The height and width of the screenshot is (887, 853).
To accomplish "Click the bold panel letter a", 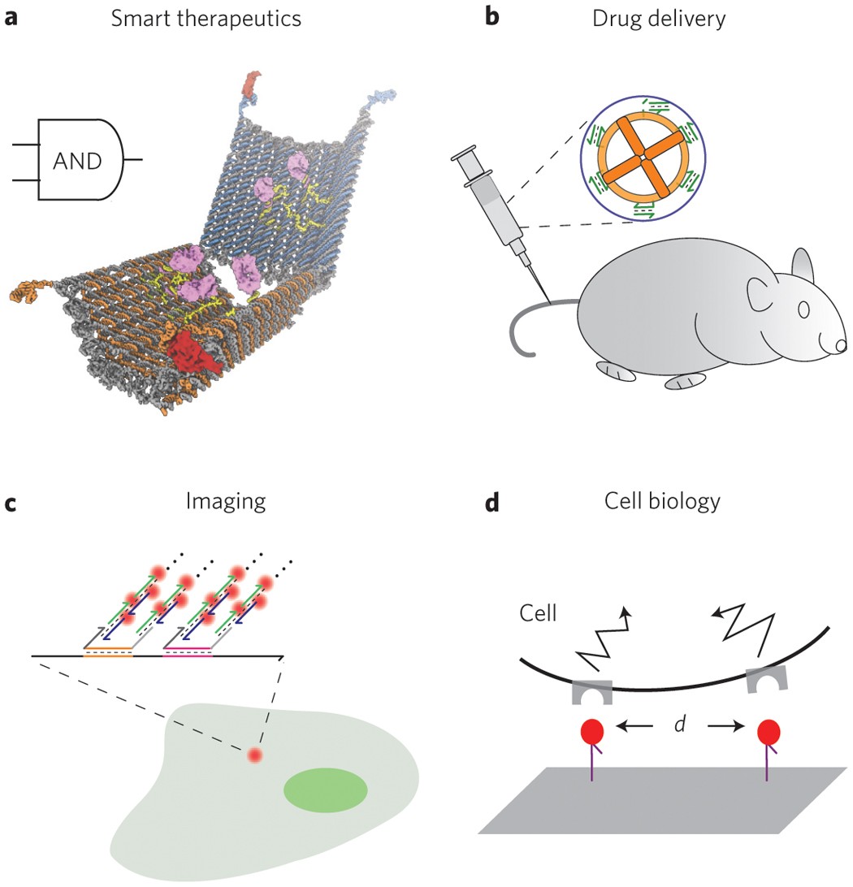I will point(11,18).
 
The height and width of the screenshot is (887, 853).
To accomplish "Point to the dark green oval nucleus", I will point(325,789).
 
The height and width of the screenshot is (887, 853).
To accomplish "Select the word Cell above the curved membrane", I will point(537,611).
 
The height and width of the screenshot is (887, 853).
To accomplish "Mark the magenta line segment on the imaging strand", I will point(187,650).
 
